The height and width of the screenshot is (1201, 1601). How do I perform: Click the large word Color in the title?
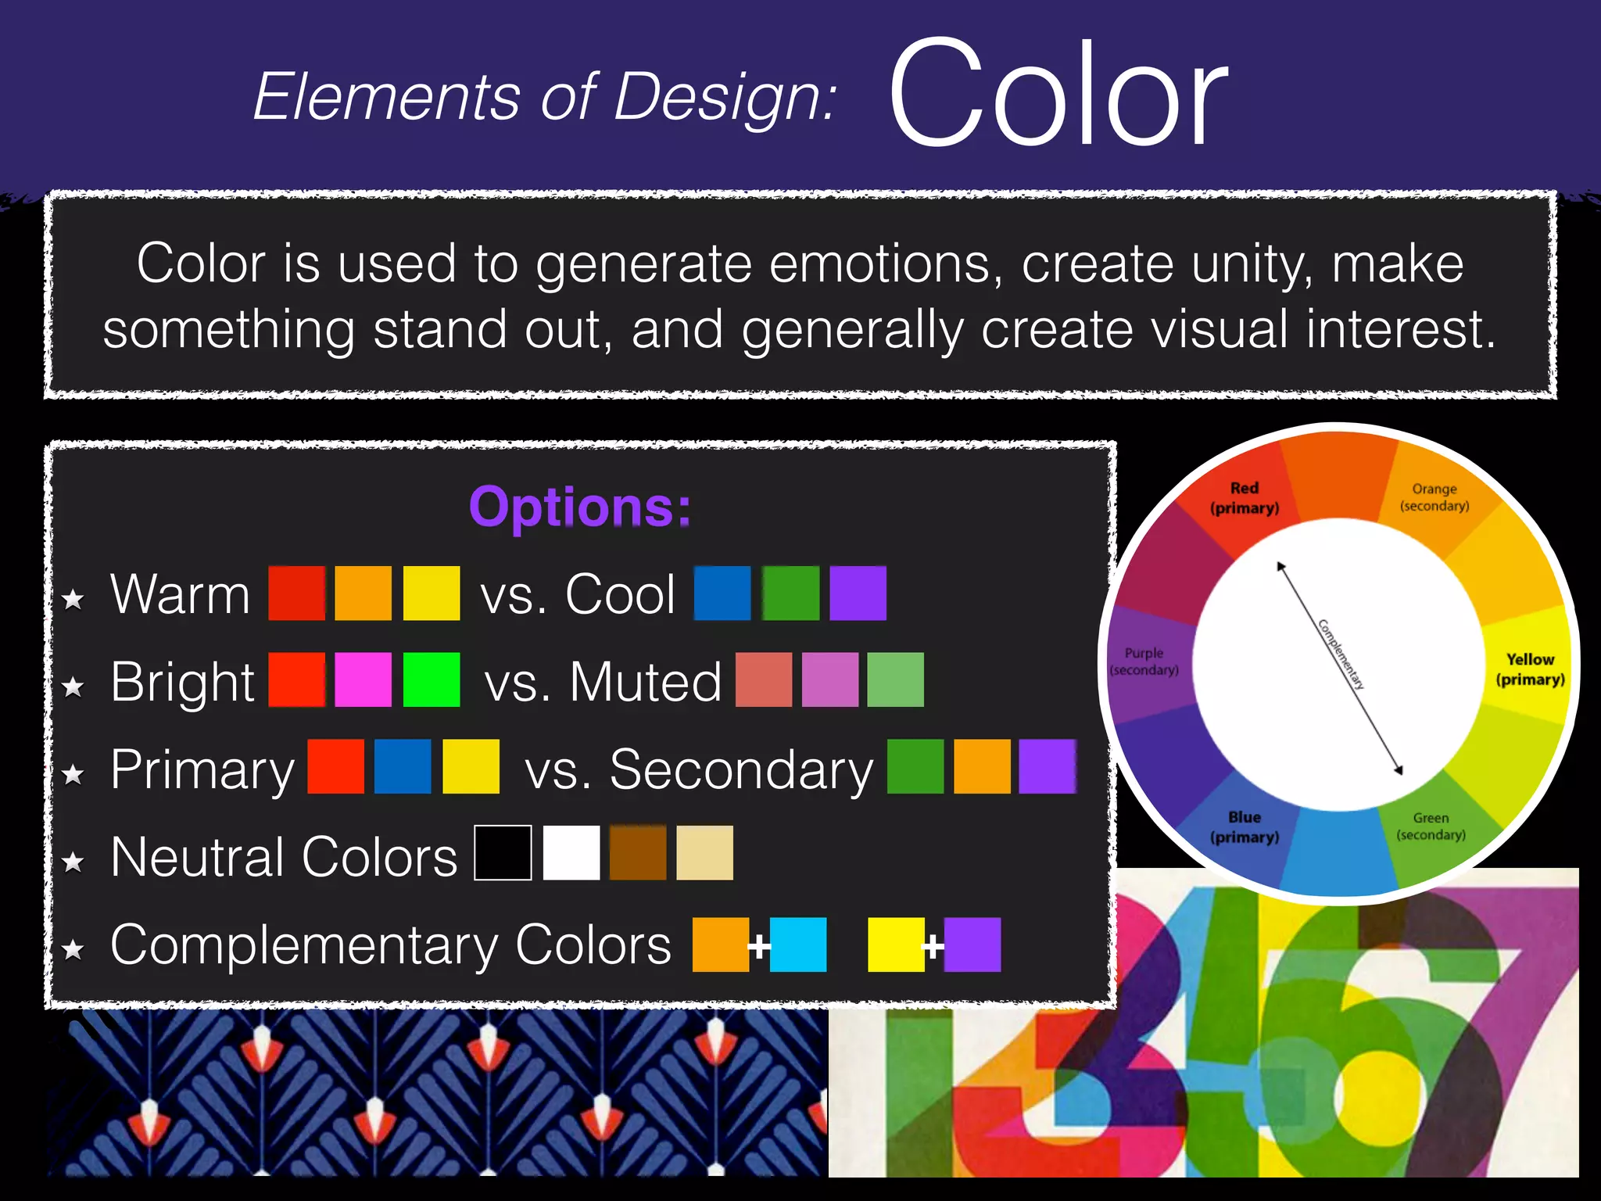[1058, 94]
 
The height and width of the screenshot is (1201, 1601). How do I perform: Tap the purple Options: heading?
[580, 507]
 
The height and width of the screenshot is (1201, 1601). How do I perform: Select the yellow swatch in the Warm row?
[432, 593]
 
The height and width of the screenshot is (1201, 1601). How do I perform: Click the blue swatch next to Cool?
[722, 593]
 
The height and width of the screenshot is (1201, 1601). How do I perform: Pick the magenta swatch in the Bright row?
[364, 680]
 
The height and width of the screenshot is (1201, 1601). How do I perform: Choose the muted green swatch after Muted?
[896, 680]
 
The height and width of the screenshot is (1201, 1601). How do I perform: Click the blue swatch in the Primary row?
[403, 767]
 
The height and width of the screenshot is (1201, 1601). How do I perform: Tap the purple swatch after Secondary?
[1048, 767]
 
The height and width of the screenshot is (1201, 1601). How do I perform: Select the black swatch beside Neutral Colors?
[503, 853]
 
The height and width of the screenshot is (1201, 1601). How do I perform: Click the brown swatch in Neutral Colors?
[638, 853]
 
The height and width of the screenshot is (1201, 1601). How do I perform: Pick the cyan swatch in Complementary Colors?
[798, 945]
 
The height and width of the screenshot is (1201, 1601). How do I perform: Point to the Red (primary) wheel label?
[1245, 498]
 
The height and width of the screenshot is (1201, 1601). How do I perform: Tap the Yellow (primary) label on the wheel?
[1531, 669]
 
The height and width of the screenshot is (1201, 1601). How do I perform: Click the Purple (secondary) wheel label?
[1144, 661]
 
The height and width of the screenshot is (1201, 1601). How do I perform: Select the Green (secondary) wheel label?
[1431, 826]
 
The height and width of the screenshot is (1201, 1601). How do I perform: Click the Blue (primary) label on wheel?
[1245, 827]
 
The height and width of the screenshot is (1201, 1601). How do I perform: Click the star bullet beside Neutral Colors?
[73, 862]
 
